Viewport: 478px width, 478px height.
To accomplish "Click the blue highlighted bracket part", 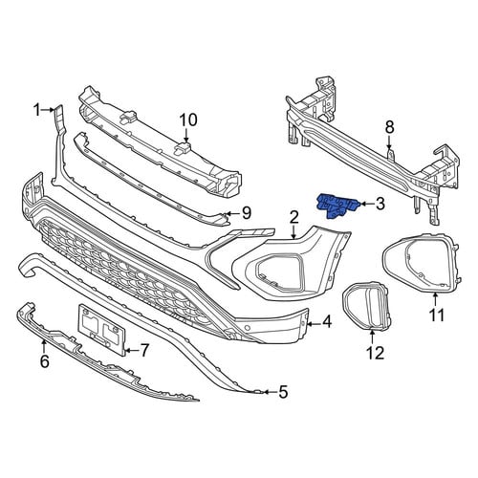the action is (337, 206).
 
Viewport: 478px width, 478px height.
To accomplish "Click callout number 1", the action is (37, 111).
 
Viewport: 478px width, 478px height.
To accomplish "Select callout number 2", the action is (293, 218).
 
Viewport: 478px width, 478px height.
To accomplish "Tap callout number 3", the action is (380, 204).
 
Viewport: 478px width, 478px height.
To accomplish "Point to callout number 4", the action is (327, 322).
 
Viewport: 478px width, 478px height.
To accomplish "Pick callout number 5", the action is (283, 392).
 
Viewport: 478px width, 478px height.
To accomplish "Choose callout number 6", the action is (45, 361).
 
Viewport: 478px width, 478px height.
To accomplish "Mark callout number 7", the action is (144, 351).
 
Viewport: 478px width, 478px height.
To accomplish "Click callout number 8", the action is (389, 127).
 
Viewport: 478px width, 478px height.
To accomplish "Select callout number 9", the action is (247, 213).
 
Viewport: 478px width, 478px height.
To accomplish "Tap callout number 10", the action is (188, 120).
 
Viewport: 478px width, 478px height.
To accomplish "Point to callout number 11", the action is (437, 315).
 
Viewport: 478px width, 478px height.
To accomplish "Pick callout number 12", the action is (376, 353).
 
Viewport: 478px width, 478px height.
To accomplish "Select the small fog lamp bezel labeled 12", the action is (366, 307).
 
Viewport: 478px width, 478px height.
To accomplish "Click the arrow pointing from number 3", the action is (366, 204).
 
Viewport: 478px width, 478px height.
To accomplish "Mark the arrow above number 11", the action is (435, 300).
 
